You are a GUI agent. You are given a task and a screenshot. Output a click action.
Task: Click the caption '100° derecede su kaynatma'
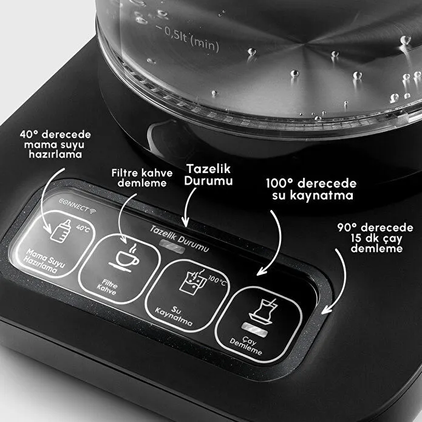click(x=310, y=189)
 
